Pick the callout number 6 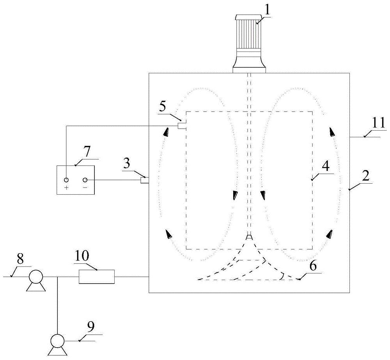point(313,266)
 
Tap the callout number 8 point(20,259)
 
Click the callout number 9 point(91,327)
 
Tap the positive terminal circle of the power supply point(66,180)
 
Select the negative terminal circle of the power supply point(85,180)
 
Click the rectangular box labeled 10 point(97,277)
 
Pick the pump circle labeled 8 point(36,277)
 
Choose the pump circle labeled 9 point(57,340)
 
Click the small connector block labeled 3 point(145,180)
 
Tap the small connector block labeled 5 point(182,126)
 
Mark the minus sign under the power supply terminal point(85,187)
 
